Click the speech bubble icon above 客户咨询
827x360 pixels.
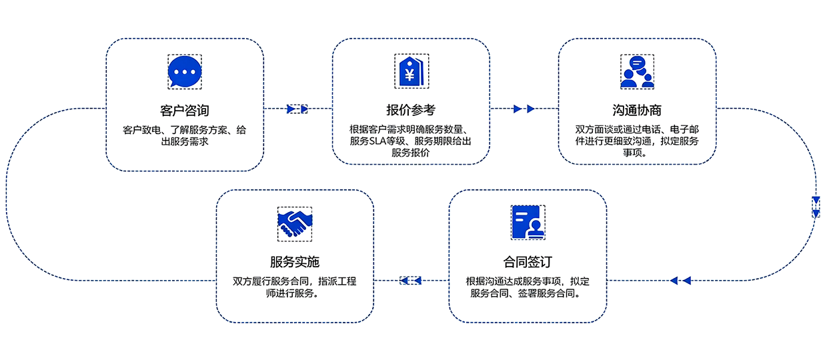[184, 71]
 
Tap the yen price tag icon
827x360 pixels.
[411, 71]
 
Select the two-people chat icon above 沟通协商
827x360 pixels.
[637, 71]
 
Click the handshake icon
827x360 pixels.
[295, 223]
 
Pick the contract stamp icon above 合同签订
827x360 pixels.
[528, 222]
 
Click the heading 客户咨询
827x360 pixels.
[185, 109]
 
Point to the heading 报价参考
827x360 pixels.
[411, 109]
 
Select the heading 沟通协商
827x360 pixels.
[637, 109]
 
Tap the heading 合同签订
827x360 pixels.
[528, 261]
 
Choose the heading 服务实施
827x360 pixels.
[295, 261]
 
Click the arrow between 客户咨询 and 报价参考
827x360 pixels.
[297, 109]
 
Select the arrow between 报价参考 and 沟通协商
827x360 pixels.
[524, 109]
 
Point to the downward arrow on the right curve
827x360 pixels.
[816, 207]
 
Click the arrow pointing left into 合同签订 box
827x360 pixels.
[680, 281]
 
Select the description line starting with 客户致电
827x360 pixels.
[185, 130]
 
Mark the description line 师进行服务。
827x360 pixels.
[295, 293]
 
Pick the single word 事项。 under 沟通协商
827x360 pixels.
[637, 153]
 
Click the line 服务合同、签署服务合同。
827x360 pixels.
[528, 293]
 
